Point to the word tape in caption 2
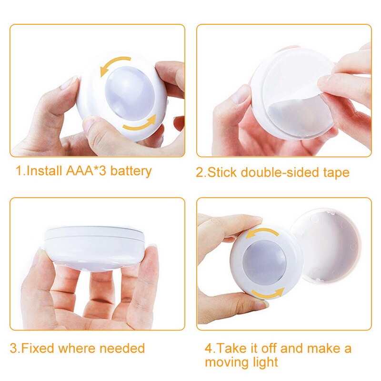336,172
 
